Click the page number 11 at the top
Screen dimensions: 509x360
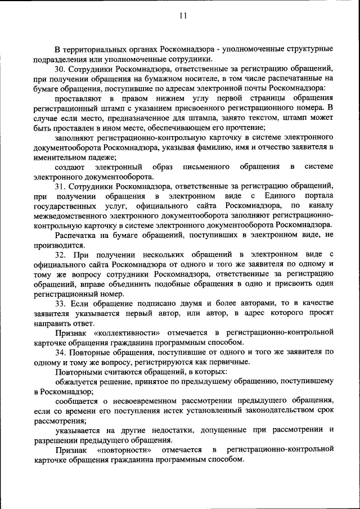point(182,16)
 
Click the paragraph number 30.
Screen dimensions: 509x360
point(61,69)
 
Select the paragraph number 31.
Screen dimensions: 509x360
point(61,186)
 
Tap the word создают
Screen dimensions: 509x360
point(70,166)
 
